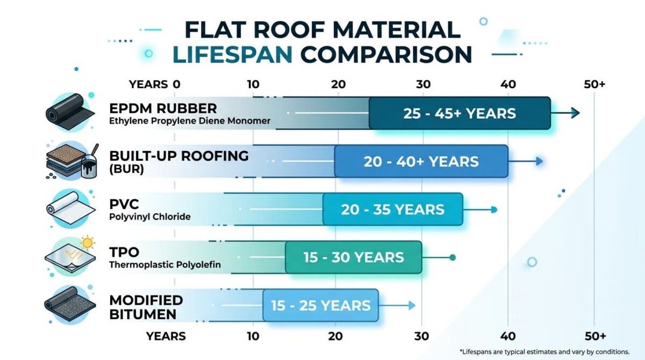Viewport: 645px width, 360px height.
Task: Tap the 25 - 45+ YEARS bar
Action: [x=459, y=113]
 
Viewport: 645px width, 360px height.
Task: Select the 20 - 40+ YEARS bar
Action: [x=421, y=161]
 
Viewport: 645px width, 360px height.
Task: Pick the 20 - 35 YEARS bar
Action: [x=392, y=209]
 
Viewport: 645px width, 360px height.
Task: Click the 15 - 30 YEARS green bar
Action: [x=353, y=257]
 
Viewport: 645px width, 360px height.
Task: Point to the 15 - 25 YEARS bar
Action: [x=320, y=305]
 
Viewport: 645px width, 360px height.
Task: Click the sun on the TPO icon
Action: [x=87, y=243]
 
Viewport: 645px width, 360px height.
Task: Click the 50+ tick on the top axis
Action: [x=594, y=84]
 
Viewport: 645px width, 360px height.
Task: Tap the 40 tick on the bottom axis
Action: [x=508, y=336]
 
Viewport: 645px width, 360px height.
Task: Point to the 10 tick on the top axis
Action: [x=253, y=84]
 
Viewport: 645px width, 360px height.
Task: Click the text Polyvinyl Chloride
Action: [x=149, y=217]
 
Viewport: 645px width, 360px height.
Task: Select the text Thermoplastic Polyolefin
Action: [x=164, y=264]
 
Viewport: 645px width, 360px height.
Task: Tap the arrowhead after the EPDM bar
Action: [x=575, y=113]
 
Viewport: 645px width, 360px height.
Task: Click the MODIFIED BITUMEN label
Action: [x=146, y=306]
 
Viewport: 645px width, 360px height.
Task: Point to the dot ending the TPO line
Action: [x=453, y=257]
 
